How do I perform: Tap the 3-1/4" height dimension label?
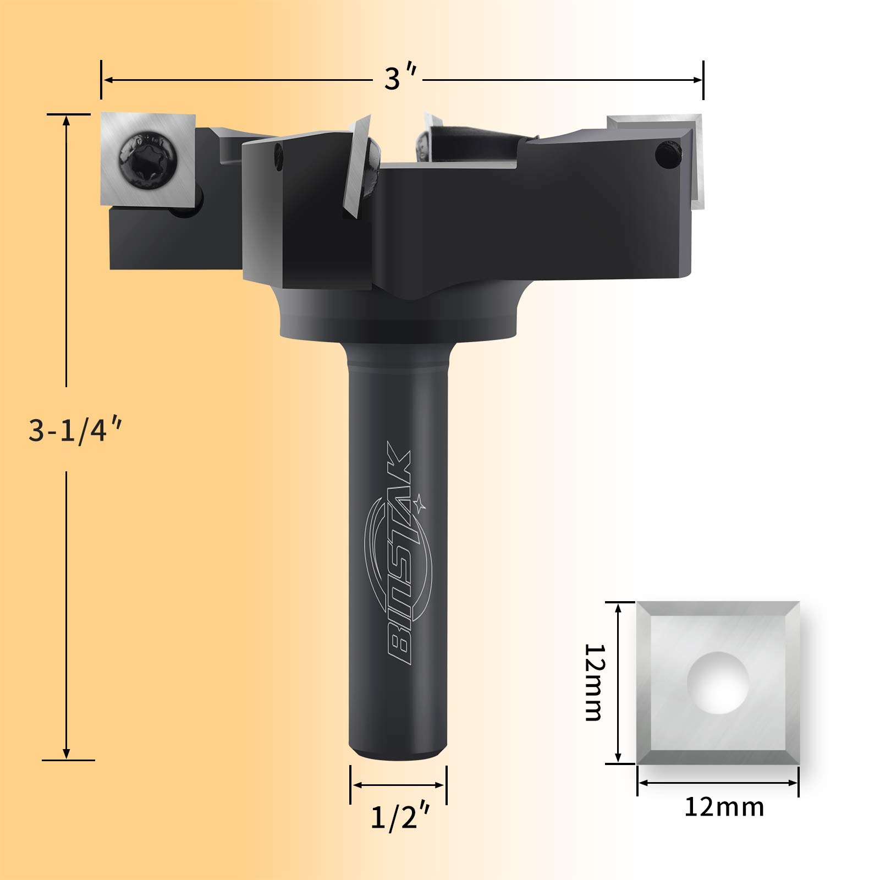[74, 430]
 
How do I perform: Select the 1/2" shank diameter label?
[399, 818]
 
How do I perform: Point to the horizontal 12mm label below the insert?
[724, 807]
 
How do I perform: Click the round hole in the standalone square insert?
[718, 683]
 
